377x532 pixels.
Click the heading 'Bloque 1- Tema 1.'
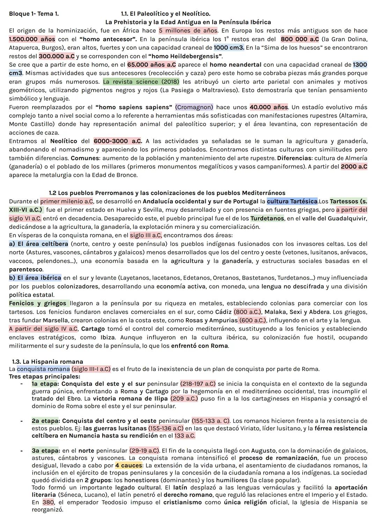pyautogui.click(x=34, y=14)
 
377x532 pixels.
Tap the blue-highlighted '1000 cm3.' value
pyautogui.click(x=229, y=48)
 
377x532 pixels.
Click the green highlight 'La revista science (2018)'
pyautogui.click(x=141, y=82)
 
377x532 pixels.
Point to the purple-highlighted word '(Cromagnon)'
pyautogui.click(x=194, y=107)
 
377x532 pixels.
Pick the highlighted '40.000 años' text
pyautogui.click(x=269, y=107)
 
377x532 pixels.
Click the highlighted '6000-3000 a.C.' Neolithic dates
pyautogui.click(x=118, y=141)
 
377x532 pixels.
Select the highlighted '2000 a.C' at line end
pyautogui.click(x=354, y=167)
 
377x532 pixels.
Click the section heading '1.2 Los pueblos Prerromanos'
pyautogui.click(x=167, y=193)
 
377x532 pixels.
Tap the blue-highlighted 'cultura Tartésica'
pyautogui.click(x=292, y=202)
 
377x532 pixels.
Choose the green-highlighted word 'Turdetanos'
pyautogui.click(x=267, y=219)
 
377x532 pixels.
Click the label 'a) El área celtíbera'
pyautogui.click(x=38, y=244)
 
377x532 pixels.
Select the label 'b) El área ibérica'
pyautogui.click(x=35, y=278)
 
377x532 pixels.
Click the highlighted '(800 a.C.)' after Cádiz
pyautogui.click(x=247, y=312)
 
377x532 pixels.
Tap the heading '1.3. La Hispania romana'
pyautogui.click(x=47, y=362)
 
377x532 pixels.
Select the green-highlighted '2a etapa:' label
pyautogui.click(x=45, y=421)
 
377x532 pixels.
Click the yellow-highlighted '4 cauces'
pyautogui.click(x=128, y=466)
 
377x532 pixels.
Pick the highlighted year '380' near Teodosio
pyautogui.click(x=48, y=503)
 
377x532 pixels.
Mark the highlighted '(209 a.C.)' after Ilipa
pyautogui.click(x=184, y=399)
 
